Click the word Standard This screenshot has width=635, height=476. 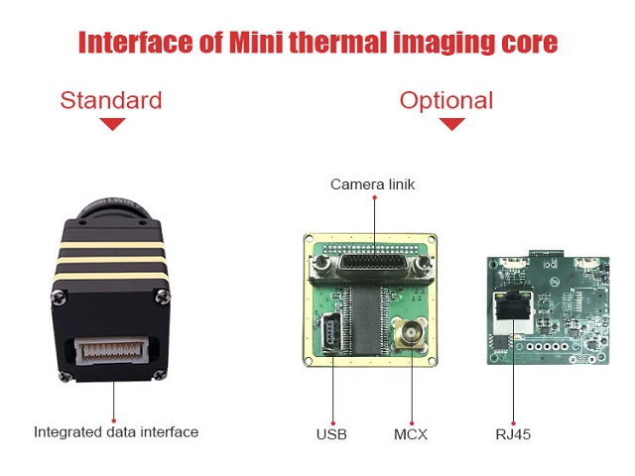tap(111, 100)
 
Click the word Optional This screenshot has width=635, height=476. tap(446, 101)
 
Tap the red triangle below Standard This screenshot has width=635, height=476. tap(112, 124)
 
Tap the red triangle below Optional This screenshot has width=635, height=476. tap(452, 124)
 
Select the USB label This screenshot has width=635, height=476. tap(331, 434)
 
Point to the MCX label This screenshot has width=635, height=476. tap(411, 434)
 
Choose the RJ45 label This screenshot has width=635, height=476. tap(513, 434)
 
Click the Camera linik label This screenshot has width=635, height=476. tap(373, 184)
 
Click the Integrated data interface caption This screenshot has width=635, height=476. tap(116, 432)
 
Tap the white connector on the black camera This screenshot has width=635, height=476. tap(111, 350)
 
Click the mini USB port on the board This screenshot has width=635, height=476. tap(330, 333)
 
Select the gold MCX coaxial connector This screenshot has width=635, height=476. tap(411, 333)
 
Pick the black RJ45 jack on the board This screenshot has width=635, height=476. tap(512, 309)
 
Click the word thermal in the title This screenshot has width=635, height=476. tap(338, 42)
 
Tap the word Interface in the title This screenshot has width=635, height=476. tap(136, 42)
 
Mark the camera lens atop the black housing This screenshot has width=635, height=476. tap(114, 208)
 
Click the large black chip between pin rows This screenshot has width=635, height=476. tap(366, 319)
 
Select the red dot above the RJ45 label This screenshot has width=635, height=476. tap(514, 423)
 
